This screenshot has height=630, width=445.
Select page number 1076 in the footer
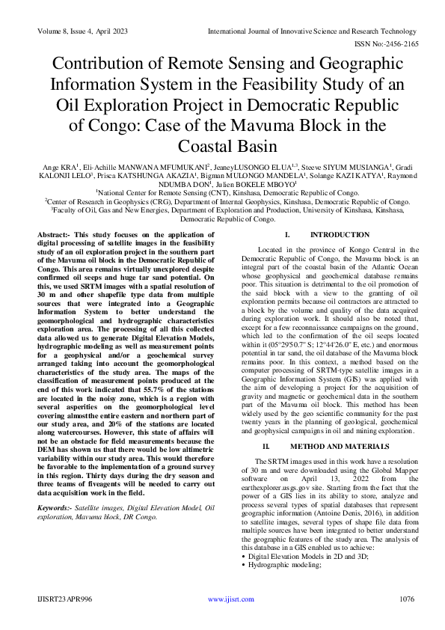(x=408, y=599)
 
